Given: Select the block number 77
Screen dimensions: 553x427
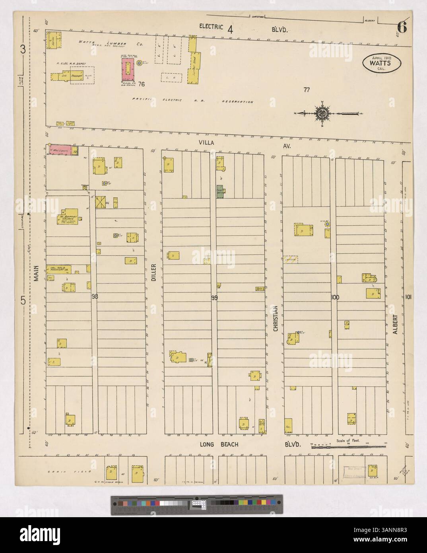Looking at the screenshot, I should coord(306,90).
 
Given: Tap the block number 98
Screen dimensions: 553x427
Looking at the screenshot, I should coord(94,296).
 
